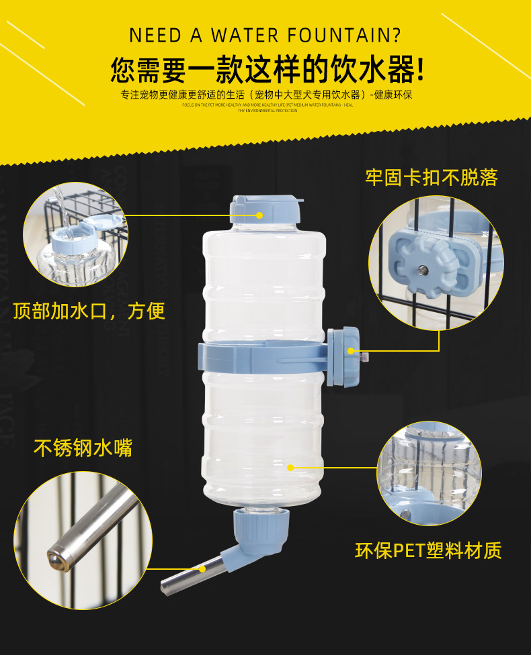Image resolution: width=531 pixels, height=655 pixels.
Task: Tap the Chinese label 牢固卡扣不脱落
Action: click(432, 178)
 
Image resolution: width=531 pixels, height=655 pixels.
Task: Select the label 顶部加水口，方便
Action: click(89, 311)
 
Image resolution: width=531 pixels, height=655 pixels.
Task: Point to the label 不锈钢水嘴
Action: click(83, 448)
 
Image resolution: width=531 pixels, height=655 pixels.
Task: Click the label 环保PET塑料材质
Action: click(428, 551)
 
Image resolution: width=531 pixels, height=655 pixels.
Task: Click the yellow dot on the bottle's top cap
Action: click(259, 215)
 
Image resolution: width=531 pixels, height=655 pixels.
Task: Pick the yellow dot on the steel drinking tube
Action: click(202, 568)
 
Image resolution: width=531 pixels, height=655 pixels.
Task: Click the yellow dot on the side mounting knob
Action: click(350, 350)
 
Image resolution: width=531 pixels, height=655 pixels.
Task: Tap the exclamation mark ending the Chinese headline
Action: click(421, 69)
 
